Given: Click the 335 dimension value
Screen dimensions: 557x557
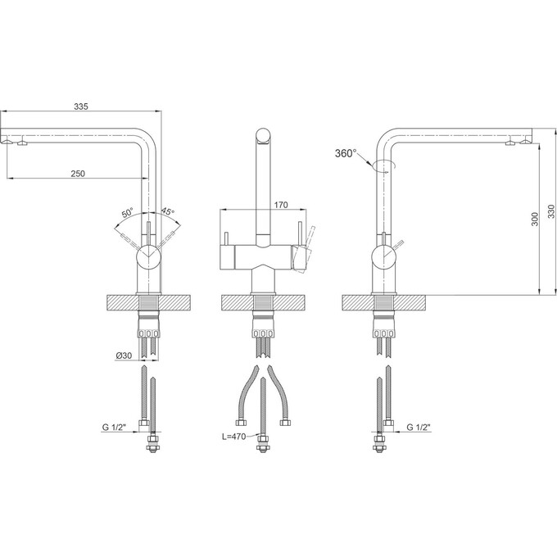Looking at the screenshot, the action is pyautogui.click(x=81, y=106).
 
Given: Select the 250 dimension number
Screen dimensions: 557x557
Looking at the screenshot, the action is pyautogui.click(x=78, y=174).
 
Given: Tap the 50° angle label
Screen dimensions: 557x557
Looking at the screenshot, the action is pyautogui.click(x=128, y=213).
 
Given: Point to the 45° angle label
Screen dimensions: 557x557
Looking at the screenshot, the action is pyautogui.click(x=168, y=211).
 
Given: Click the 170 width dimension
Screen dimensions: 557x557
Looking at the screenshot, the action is pyautogui.click(x=281, y=205).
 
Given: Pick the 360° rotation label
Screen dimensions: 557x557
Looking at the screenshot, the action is pyautogui.click(x=346, y=153).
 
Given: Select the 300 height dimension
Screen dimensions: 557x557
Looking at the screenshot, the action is pyautogui.click(x=535, y=220).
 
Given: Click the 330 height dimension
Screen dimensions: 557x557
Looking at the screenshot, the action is pyautogui.click(x=551, y=211).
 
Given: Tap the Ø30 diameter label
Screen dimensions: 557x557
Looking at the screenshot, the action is pyautogui.click(x=124, y=355).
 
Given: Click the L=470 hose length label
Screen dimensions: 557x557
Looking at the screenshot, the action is pyautogui.click(x=234, y=437).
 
